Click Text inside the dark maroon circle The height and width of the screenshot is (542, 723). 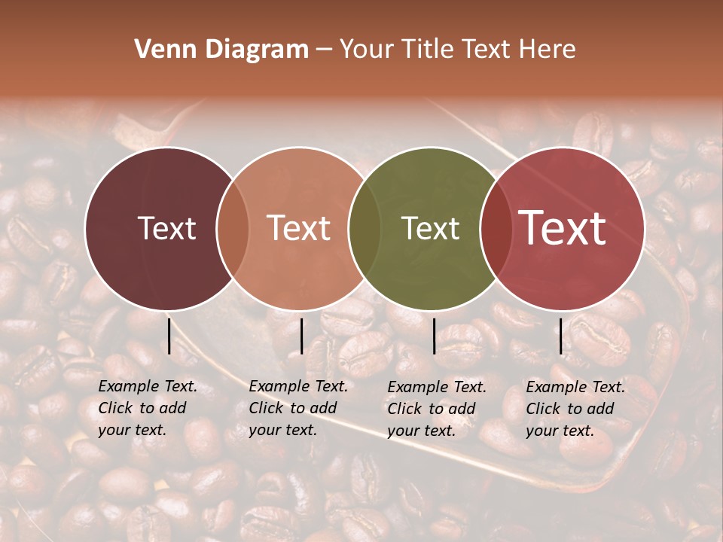pos(166,229)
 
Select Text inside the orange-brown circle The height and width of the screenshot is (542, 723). pos(299,229)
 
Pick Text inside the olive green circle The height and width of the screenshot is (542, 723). pos(430,229)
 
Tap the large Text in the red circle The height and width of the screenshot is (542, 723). pos(563,228)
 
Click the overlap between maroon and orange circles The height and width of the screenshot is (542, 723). pos(233,229)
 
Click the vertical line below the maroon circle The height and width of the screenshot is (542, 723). pos(169,336)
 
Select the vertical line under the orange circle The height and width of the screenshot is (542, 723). pos(301,336)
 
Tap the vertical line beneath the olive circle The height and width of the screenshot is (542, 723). pos(434,336)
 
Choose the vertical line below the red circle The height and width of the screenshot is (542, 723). pos(560,336)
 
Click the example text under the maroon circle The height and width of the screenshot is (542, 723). pos(147,408)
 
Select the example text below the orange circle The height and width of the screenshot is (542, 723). pos(297,408)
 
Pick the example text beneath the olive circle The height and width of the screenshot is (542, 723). pos(436,409)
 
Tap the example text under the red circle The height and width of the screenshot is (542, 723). pos(575,409)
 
